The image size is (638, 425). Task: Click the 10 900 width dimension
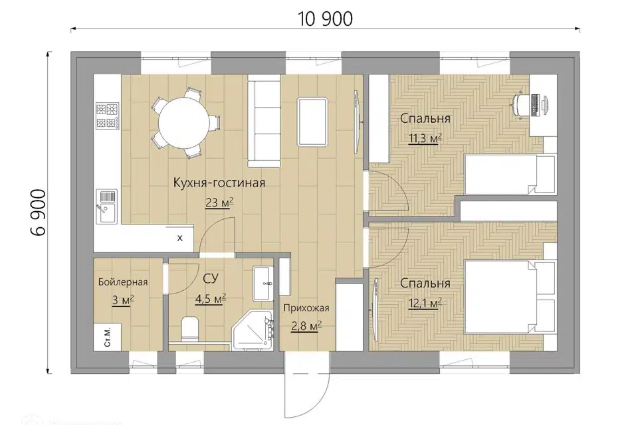[x=325, y=19]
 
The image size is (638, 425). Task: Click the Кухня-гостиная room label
[x=219, y=183]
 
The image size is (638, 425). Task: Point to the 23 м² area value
[x=219, y=202]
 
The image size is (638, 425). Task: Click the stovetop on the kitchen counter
[x=108, y=116]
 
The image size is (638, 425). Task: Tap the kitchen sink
[x=106, y=207]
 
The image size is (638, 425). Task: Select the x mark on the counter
[x=180, y=238]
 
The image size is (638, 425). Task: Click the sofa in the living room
[x=265, y=124]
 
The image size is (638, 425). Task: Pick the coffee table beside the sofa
[x=313, y=122]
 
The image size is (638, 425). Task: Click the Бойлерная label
[x=123, y=282]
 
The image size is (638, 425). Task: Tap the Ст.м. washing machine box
[x=108, y=337]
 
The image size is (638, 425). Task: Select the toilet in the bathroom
[x=189, y=329]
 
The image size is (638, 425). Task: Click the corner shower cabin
[x=253, y=330]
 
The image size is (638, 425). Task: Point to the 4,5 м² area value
[x=211, y=299]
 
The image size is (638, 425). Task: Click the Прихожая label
[x=306, y=308]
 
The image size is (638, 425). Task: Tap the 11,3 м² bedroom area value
[x=425, y=139]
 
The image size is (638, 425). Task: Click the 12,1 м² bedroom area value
[x=425, y=303]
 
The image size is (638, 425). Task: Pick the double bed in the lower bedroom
[x=510, y=297]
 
